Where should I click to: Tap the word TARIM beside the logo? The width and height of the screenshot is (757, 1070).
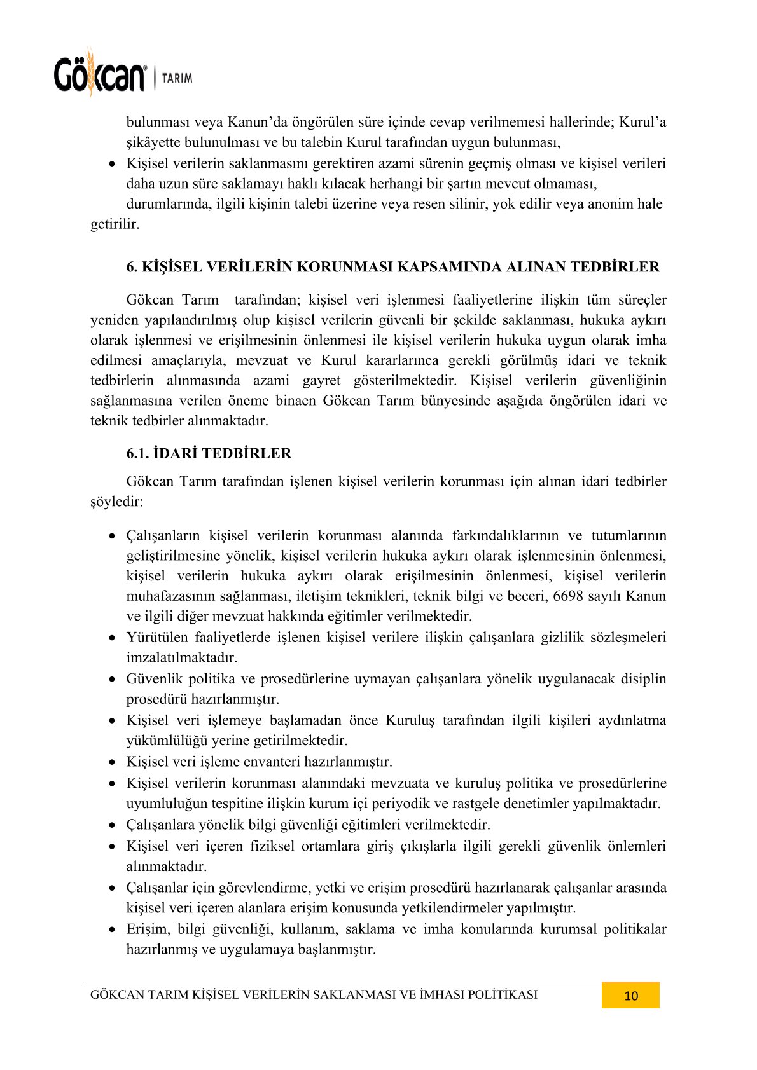pyautogui.click(x=177, y=78)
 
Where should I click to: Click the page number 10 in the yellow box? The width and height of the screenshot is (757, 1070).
pyautogui.click(x=630, y=996)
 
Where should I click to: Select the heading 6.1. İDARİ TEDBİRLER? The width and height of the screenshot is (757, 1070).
pyautogui.click(x=209, y=453)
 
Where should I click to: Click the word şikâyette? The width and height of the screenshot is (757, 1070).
pyautogui.click(x=155, y=142)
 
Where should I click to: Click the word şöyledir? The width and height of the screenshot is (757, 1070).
pyautogui.click(x=117, y=502)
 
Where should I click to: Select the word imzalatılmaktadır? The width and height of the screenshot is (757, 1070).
pyautogui.click(x=182, y=657)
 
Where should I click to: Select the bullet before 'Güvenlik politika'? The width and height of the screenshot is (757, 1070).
pyautogui.click(x=113, y=679)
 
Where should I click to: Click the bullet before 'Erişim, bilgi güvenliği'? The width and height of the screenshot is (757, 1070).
pyautogui.click(x=113, y=929)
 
